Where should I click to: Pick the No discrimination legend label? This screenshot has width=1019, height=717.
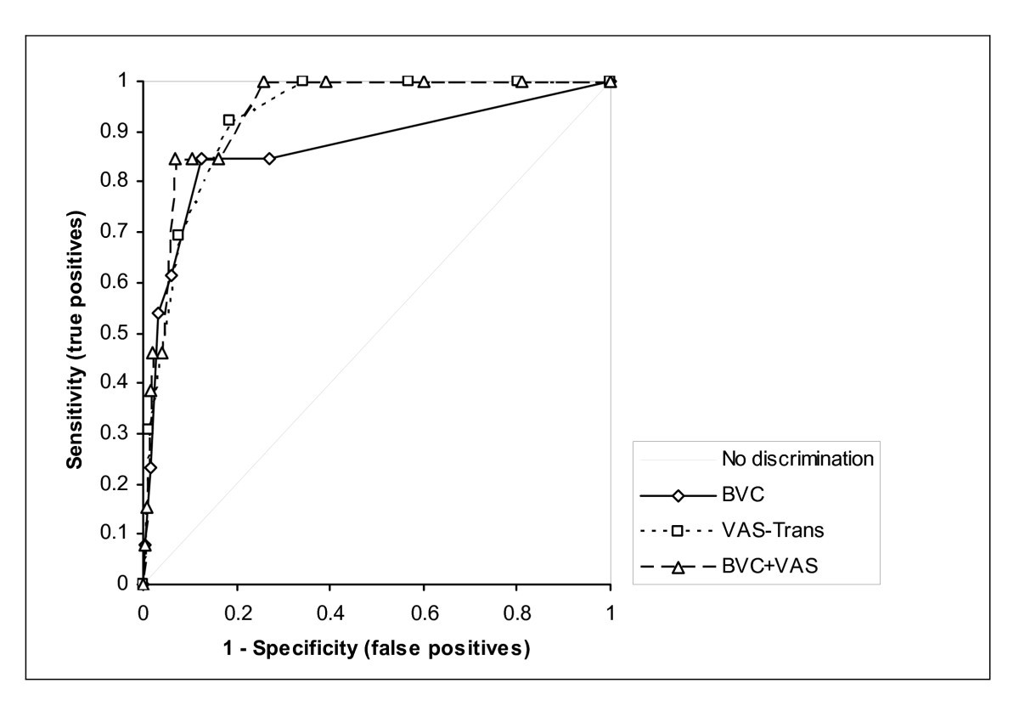(797, 460)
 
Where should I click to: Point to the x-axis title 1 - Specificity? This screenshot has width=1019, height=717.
(376, 649)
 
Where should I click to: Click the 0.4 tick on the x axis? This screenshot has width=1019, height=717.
(330, 612)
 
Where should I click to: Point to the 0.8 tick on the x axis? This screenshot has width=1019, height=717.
(517, 612)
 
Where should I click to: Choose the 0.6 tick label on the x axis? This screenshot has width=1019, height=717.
(424, 612)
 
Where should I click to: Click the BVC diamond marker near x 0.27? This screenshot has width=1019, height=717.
(269, 159)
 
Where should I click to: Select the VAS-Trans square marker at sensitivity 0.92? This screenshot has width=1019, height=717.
(228, 120)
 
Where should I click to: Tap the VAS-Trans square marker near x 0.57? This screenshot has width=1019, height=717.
(408, 81)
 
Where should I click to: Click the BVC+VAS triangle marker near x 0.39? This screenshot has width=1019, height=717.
(325, 82)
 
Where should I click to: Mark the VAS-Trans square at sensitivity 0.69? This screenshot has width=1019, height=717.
(177, 234)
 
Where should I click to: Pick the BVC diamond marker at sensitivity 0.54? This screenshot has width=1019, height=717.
(158, 313)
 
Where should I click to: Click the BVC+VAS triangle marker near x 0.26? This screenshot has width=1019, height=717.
(264, 82)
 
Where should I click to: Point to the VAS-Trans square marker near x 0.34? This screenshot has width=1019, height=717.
(302, 81)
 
